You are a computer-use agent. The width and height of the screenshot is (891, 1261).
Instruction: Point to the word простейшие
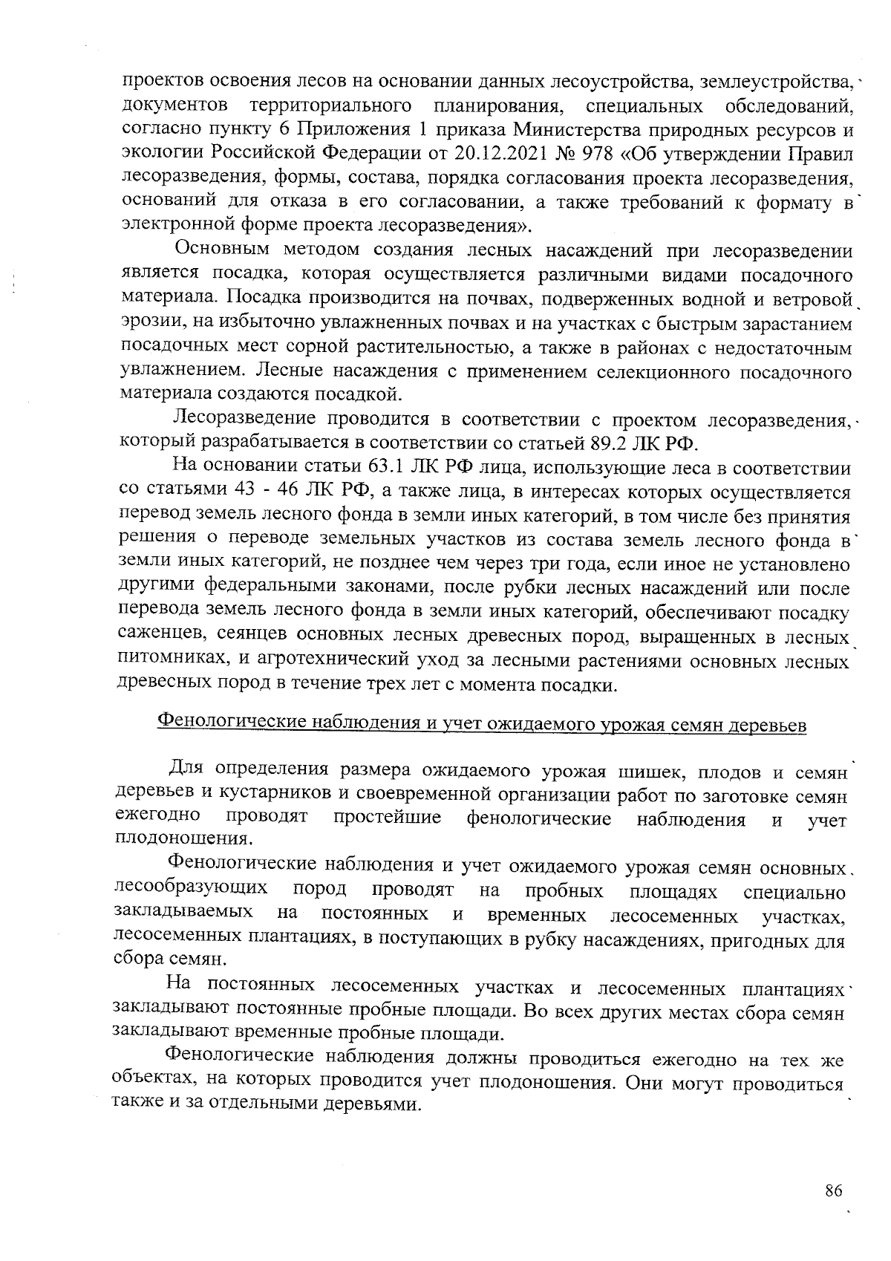coord(387,818)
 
